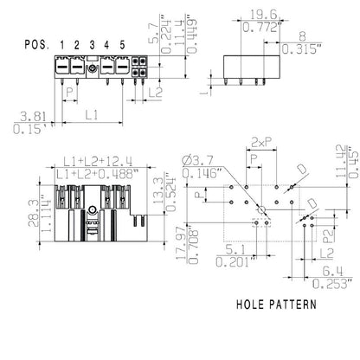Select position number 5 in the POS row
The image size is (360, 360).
pos(122,44)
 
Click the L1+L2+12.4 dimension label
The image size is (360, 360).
pos(98,162)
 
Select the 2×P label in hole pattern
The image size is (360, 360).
pos(260,140)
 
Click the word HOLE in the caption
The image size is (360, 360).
pos(254,305)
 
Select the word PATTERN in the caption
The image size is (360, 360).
pos(295,305)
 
